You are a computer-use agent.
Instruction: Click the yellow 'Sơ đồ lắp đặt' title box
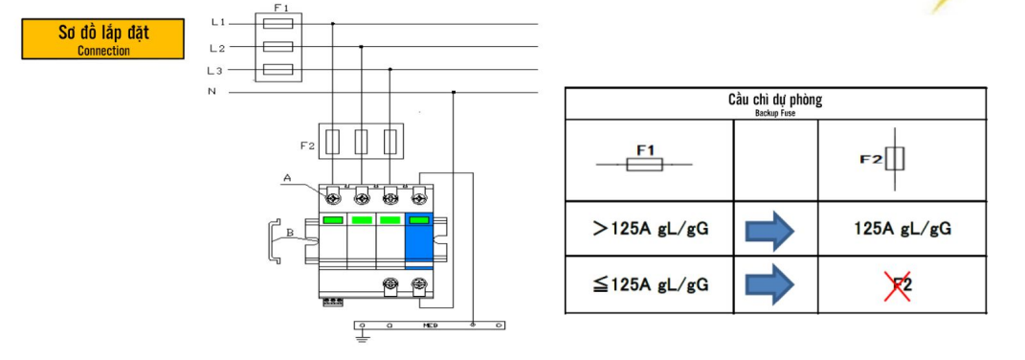point(103,38)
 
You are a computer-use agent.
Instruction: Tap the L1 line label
point(218,22)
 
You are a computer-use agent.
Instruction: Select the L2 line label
point(217,48)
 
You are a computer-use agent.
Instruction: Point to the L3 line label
point(215,70)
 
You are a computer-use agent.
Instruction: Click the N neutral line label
point(212,92)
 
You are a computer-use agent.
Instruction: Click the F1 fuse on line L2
point(278,47)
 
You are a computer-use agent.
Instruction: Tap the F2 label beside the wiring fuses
point(308,146)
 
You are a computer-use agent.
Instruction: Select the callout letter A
point(287,177)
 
